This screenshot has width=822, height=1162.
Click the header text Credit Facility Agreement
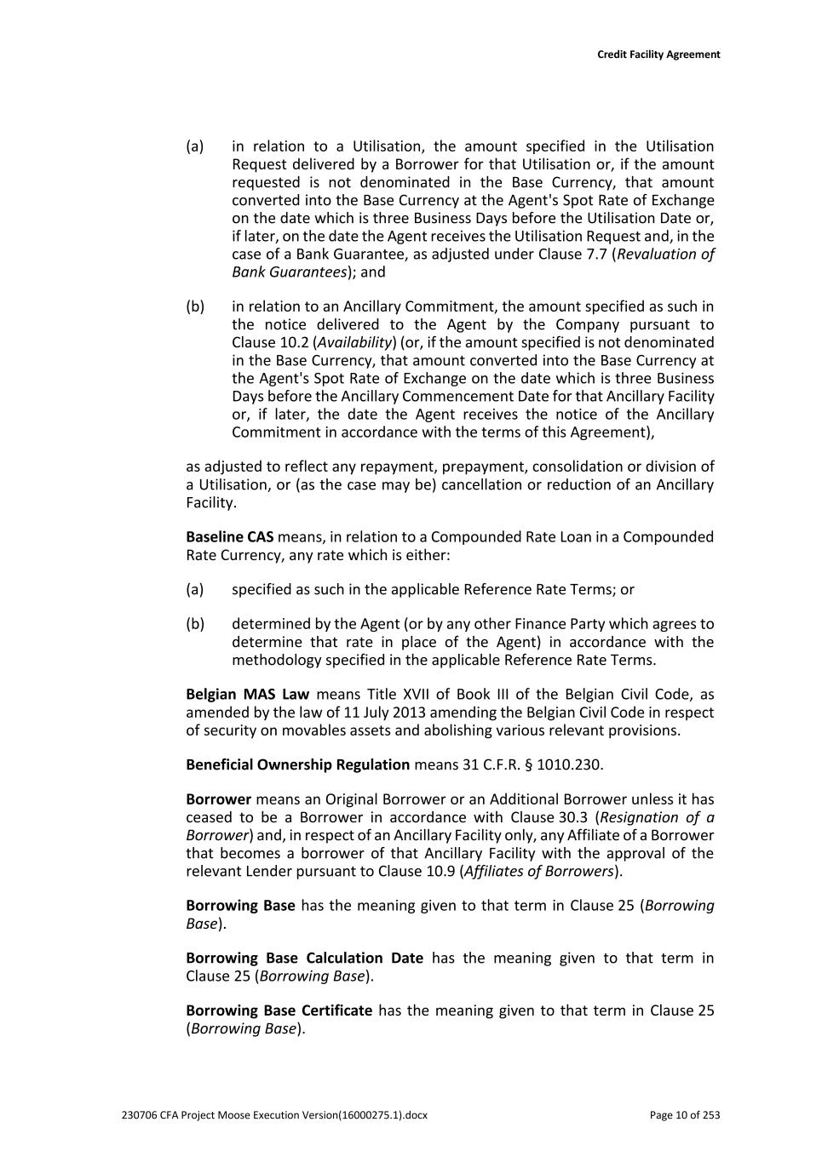click(x=658, y=54)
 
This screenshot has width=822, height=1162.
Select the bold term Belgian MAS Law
click(x=247, y=695)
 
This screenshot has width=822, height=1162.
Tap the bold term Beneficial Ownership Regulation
click(x=297, y=764)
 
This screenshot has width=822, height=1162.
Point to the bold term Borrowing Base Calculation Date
click(x=304, y=959)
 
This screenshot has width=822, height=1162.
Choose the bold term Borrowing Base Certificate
click(x=279, y=1010)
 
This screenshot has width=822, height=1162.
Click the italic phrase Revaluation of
click(x=665, y=255)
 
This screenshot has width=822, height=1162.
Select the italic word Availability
click(x=354, y=342)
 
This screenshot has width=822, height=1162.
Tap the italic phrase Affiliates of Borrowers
click(x=537, y=871)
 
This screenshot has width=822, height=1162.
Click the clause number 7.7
click(x=595, y=255)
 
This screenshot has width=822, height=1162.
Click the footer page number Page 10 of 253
click(x=684, y=1115)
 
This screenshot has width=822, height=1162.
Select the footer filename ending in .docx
click(x=274, y=1115)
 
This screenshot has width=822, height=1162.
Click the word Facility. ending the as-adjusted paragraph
click(x=210, y=502)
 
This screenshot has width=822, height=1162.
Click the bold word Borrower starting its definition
click(x=218, y=799)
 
